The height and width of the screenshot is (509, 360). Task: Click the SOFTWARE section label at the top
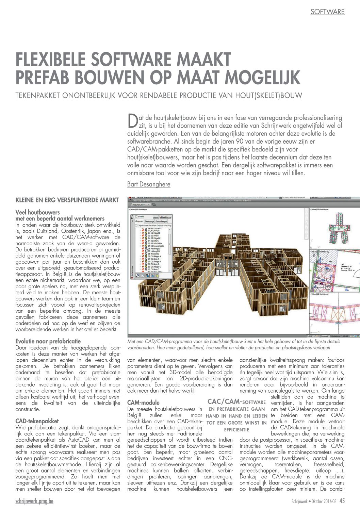(327, 12)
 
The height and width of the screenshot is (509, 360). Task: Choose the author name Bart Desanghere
(149, 184)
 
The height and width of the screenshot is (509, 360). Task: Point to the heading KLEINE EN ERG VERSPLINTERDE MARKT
(67, 200)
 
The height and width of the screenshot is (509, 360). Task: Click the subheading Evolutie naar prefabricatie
(48, 341)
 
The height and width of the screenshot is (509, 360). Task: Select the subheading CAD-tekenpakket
(37, 421)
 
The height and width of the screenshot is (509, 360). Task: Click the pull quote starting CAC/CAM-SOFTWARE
(236, 416)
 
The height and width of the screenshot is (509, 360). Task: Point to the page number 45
(342, 501)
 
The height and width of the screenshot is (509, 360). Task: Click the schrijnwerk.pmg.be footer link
(34, 501)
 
